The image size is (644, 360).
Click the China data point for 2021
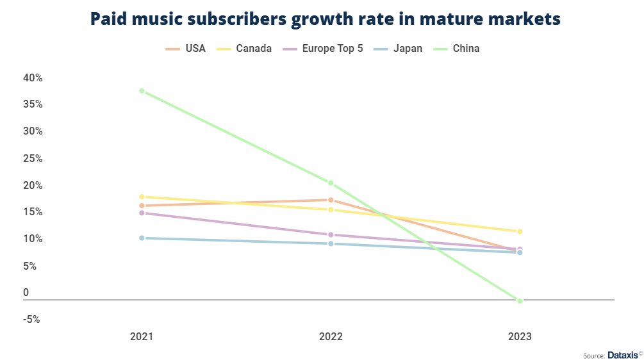(x=142, y=91)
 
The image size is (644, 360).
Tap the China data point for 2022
(x=331, y=183)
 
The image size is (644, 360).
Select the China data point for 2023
(x=520, y=300)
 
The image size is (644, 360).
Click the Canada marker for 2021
(x=142, y=197)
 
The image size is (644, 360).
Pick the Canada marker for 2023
(x=520, y=231)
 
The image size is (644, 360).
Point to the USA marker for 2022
(x=331, y=200)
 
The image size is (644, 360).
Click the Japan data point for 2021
(x=142, y=238)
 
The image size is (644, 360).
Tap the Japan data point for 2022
(x=331, y=243)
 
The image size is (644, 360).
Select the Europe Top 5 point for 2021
(x=142, y=213)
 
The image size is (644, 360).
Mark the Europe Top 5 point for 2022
(x=331, y=234)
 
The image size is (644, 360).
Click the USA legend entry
(x=185, y=49)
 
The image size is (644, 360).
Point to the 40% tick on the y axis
(x=33, y=78)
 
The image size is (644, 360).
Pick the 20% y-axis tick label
(x=33, y=186)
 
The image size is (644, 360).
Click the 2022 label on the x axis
(x=331, y=336)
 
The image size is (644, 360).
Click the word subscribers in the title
(x=232, y=19)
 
